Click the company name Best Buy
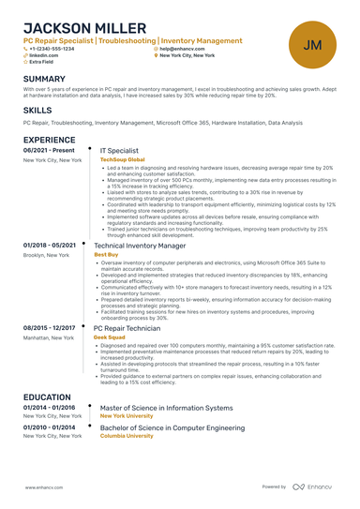point(106,254)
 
